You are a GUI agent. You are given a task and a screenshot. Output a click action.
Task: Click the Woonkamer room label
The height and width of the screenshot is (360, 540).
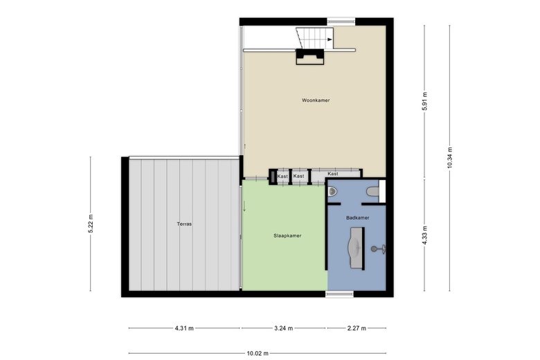[316, 100]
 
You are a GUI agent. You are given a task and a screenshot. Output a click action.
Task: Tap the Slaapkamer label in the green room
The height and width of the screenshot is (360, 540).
[287, 235]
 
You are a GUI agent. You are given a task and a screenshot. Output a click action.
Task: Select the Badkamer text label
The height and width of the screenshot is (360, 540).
[357, 217]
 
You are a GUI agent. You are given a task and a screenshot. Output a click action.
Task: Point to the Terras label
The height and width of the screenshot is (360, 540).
[184, 224]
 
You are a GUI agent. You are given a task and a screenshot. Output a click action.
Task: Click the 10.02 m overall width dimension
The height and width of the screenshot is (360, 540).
[258, 353]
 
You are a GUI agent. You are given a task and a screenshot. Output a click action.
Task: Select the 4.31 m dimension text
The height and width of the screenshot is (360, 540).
[184, 328]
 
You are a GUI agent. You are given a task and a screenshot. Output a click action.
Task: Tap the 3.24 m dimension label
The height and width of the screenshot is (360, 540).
[283, 328]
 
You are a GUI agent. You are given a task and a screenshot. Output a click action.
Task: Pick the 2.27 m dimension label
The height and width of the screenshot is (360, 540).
[357, 328]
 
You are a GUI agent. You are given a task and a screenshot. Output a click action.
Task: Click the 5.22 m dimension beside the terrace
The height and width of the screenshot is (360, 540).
[91, 224]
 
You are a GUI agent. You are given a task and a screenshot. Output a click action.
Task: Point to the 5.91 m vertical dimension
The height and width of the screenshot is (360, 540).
[424, 101]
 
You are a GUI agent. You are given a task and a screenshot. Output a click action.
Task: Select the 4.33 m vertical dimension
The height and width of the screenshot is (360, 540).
[424, 235]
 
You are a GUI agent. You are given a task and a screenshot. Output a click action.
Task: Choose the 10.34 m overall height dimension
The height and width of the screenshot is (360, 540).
[449, 158]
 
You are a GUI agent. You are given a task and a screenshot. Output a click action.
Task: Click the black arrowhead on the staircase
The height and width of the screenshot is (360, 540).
[330, 39]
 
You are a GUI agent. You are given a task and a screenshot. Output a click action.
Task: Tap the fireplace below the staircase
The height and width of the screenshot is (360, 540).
[310, 57]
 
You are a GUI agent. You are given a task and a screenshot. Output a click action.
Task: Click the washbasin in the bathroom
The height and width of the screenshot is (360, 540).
[357, 248]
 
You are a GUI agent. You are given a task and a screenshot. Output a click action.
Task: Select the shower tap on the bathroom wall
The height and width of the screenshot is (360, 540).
[378, 249]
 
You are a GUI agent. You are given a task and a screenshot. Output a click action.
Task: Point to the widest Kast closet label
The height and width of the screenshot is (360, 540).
[333, 174]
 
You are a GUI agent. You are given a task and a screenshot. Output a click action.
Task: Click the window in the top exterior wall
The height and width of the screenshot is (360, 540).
[341, 21]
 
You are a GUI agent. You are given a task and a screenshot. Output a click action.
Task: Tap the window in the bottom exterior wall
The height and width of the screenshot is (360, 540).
[339, 294]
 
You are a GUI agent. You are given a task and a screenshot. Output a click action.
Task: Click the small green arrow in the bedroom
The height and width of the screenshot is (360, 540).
[244, 206]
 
